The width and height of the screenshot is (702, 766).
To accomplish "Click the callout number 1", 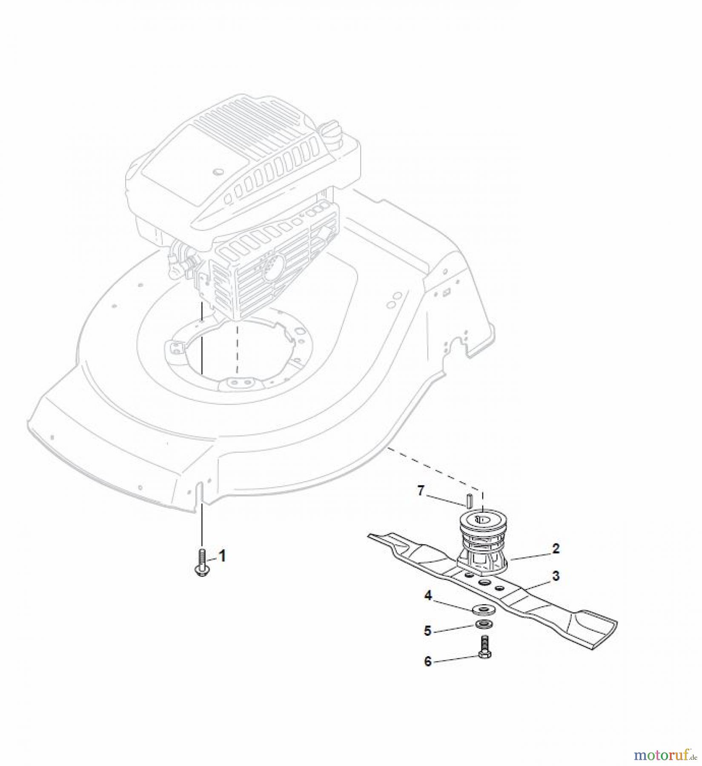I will pos(222,556).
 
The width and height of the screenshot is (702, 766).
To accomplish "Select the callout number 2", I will pos(556,549).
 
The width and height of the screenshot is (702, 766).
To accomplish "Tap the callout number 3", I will pos(556,576).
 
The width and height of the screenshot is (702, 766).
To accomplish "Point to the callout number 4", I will pos(428,595).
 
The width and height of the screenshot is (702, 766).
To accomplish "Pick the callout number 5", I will pos(428,630).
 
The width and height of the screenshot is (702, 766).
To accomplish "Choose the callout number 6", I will pos(428,662).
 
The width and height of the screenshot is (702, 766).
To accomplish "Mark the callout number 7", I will pos(421,491).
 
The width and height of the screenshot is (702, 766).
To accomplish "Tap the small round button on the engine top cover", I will pos(219,171).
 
